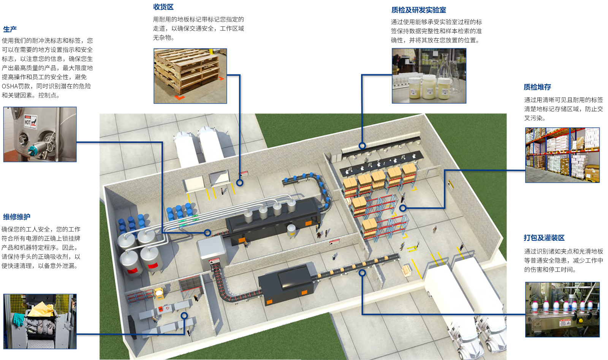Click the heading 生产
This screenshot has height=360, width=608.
coord(10,29)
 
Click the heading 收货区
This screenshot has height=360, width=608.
coord(163,7)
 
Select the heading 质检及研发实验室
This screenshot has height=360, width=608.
coord(418,10)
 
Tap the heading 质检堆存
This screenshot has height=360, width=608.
coord(537,87)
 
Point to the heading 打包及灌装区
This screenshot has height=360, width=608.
coord(544,238)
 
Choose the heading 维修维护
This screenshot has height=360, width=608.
coord(16,217)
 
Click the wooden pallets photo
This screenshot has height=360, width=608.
coord(190,76)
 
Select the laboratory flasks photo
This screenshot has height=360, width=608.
coord(429,76)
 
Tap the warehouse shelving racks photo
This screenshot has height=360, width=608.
coord(562,155)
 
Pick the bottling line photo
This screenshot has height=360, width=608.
coord(562,309)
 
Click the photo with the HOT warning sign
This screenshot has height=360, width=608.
coord(40,134)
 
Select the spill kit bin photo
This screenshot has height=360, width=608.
coord(40,321)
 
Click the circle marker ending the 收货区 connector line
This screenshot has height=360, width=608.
coord(240,183)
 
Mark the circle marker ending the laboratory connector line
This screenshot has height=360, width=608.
coord(362,146)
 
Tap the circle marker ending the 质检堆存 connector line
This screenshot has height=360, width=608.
coord(403,208)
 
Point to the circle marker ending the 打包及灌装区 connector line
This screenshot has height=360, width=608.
coord(362,273)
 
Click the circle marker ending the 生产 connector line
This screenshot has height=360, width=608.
coord(207,233)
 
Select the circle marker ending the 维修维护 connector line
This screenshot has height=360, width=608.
coord(184,316)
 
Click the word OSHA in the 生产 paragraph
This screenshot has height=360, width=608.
coord(10,86)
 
